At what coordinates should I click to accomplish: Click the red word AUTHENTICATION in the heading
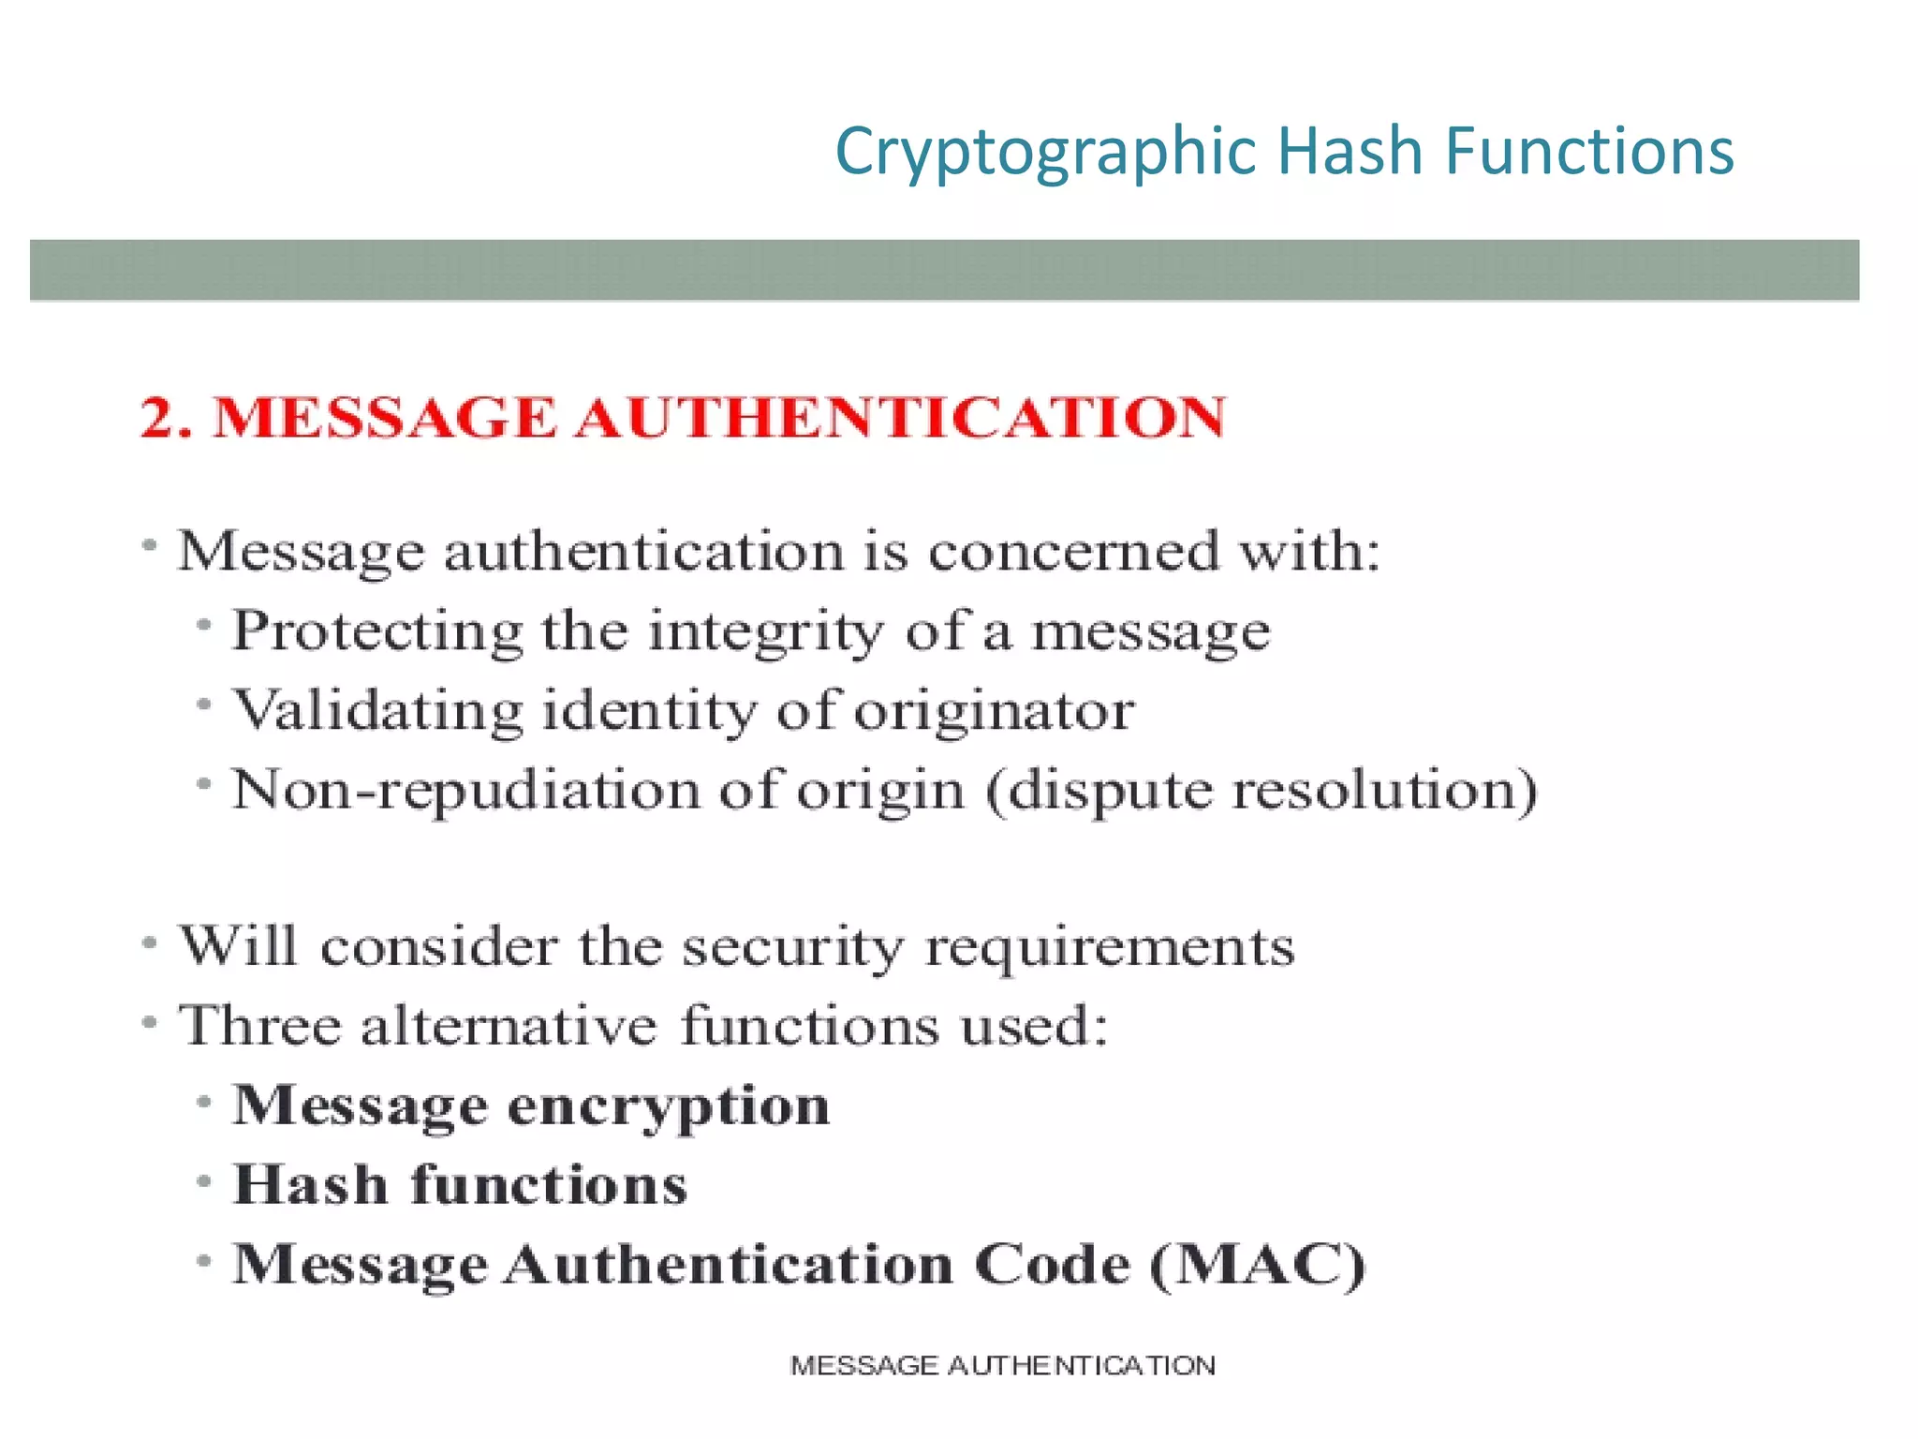pos(900,417)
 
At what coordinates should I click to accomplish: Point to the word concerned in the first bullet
pos(1074,550)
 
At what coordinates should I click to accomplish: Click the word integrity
pos(765,630)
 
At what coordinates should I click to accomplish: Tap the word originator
pos(995,710)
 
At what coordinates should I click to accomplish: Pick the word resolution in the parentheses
pos(1383,790)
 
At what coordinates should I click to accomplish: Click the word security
pos(792,946)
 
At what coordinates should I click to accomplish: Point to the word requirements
pos(1110,946)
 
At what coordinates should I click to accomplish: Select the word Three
pos(259,1025)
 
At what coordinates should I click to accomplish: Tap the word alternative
pos(509,1025)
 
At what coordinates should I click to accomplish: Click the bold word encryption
pos(669,1106)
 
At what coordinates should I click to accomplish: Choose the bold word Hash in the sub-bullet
pos(310,1185)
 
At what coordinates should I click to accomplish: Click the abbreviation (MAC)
pos(1258,1265)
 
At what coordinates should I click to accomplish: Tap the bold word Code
pos(1052,1265)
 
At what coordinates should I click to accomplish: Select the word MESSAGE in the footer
pos(863,1366)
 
